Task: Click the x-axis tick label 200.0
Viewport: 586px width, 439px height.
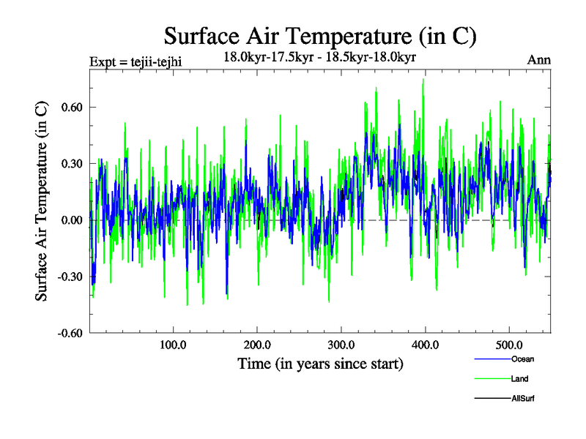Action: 257,345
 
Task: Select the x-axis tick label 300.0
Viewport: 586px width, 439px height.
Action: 341,345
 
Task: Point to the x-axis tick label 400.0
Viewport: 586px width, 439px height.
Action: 426,345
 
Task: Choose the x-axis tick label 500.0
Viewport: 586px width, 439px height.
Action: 509,345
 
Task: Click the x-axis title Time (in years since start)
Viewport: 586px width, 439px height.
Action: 320,364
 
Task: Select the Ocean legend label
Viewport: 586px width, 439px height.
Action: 523,359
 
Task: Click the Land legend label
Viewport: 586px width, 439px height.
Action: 520,379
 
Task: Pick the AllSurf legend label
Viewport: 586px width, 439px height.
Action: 524,399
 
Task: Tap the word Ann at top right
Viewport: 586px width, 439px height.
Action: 539,60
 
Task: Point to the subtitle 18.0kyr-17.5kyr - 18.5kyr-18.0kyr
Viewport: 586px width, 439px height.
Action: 320,56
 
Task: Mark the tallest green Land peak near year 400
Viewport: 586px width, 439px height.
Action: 423,80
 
